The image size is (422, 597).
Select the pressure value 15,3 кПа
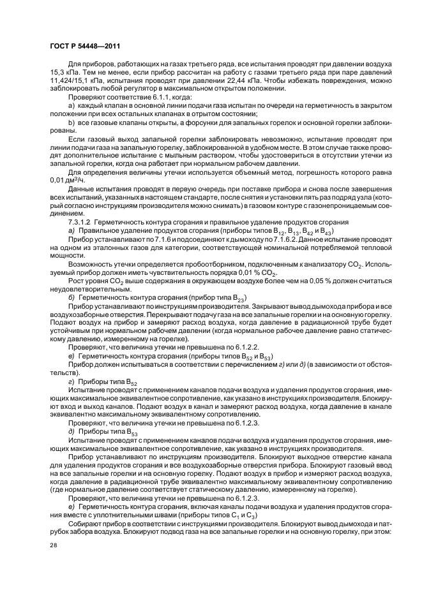(63, 75)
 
